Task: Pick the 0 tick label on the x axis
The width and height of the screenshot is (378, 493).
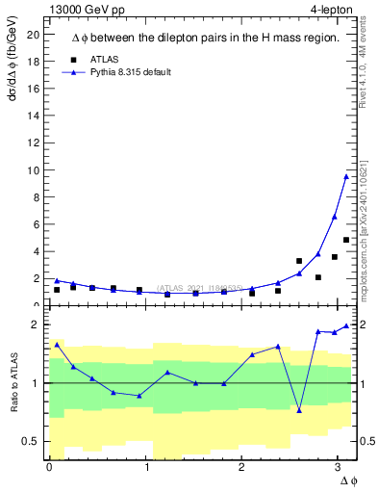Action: [49, 466]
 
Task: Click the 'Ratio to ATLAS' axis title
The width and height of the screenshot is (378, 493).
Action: [14, 383]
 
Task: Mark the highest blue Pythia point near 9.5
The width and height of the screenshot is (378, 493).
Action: [346, 176]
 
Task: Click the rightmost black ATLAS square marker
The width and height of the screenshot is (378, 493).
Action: [346, 240]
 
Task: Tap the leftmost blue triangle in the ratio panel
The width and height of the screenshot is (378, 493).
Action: [57, 344]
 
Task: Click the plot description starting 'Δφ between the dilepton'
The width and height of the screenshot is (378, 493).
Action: [205, 38]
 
